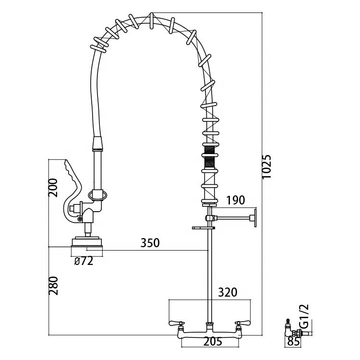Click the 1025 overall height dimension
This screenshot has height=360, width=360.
click(x=266, y=167)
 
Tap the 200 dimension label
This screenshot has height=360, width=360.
click(x=53, y=188)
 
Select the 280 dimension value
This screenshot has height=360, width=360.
click(x=53, y=286)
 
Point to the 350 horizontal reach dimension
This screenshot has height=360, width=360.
click(x=150, y=243)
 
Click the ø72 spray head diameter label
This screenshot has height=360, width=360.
click(x=84, y=261)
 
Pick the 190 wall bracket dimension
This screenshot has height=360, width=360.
click(x=236, y=200)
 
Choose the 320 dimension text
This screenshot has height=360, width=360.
click(x=228, y=292)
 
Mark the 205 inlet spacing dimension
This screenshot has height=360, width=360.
click(x=213, y=342)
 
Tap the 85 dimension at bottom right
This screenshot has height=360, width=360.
click(x=294, y=342)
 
